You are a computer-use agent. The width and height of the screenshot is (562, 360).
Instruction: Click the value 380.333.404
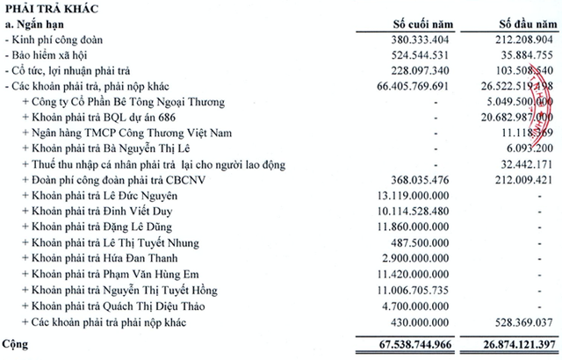tap(417, 40)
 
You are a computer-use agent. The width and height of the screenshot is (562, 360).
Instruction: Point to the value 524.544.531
tap(417, 55)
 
